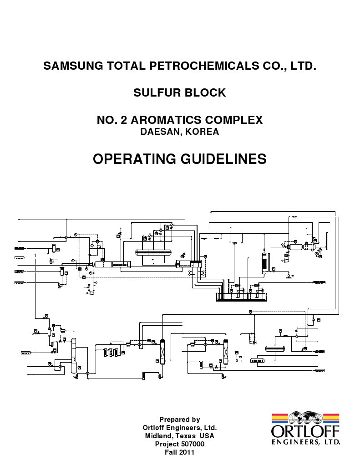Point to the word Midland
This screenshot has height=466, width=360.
click(x=160, y=436)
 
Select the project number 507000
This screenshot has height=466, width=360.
click(x=192, y=444)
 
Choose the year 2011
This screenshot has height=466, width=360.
click(x=187, y=452)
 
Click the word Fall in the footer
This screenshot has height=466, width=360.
click(x=172, y=452)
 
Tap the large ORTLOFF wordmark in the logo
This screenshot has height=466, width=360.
click(x=305, y=431)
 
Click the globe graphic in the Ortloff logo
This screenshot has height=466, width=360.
click(x=305, y=417)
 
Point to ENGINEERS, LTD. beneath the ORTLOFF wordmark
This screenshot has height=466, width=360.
click(x=305, y=441)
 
